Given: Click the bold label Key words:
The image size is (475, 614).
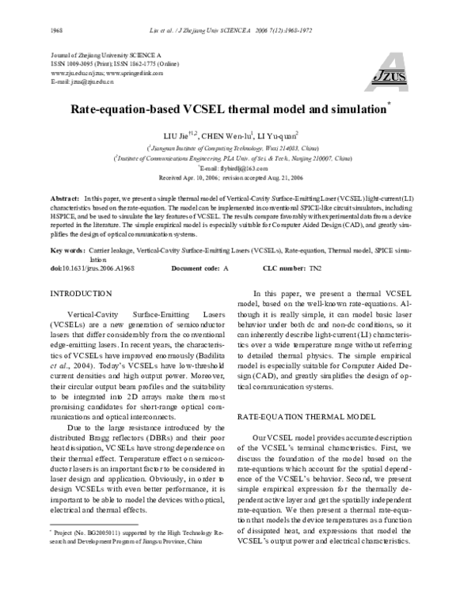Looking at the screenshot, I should click(66, 250).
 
